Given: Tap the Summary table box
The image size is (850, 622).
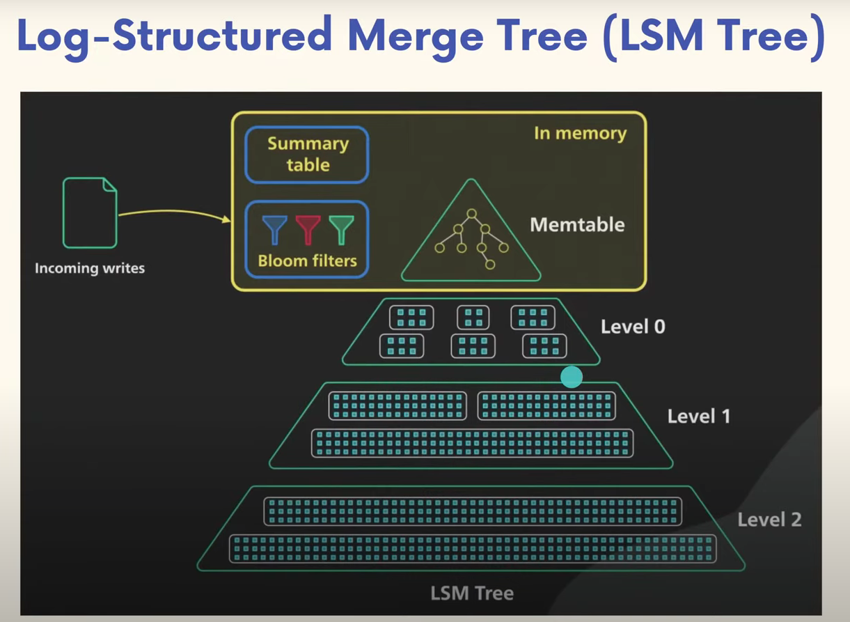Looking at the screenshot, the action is [306, 155].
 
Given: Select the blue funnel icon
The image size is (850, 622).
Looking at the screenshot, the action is [274, 230].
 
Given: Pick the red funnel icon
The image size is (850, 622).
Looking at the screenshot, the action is [308, 230].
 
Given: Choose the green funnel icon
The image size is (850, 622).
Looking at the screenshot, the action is [342, 230].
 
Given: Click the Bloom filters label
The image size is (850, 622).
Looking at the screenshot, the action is [308, 261].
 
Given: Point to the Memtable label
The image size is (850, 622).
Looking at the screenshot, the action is [577, 224].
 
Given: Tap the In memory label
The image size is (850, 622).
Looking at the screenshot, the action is [580, 134].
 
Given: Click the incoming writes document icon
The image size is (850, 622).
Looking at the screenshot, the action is [90, 212].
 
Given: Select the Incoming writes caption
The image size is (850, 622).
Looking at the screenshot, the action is [90, 268].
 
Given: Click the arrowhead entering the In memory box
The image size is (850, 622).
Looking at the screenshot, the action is [226, 219].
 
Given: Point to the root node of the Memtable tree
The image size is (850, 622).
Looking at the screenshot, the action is [472, 213].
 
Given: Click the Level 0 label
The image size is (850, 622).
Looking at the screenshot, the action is [633, 327].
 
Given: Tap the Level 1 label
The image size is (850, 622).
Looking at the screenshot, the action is [699, 417].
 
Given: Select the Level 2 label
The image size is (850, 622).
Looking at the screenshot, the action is [769, 520].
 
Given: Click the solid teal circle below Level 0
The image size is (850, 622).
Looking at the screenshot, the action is [572, 377].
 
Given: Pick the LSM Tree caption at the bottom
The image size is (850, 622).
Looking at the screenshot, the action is [472, 593].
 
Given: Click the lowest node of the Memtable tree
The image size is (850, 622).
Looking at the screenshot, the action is [490, 264].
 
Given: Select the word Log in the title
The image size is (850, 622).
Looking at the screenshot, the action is [53, 39].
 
